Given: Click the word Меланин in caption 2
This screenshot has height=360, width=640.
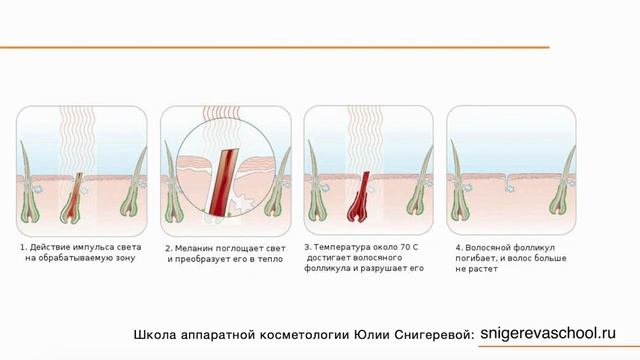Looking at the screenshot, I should point(195,248).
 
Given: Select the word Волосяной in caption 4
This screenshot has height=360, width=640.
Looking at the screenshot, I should point(485,247).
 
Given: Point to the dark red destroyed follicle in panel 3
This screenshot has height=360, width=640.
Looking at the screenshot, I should point(362,195).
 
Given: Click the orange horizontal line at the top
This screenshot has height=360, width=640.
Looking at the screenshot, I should point(275,47).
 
